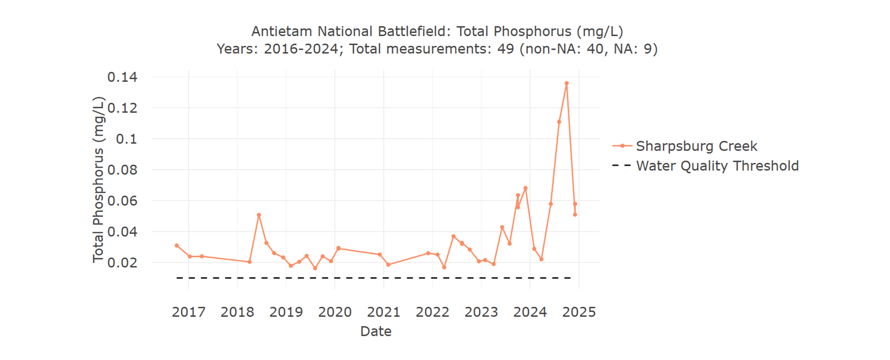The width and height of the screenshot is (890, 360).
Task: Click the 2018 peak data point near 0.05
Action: pyautogui.click(x=259, y=215)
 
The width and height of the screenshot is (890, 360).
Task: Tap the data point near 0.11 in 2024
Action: pyautogui.click(x=559, y=122)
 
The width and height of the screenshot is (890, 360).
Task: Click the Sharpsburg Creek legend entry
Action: pyautogui.click(x=696, y=146)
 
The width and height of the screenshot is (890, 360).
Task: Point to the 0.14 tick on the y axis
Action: pyautogui.click(x=122, y=77)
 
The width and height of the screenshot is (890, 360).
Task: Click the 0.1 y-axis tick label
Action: pyautogui.click(x=126, y=139)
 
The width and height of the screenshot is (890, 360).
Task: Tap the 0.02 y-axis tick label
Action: pyautogui.click(x=122, y=263)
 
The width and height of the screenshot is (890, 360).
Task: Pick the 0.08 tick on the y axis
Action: pyautogui.click(x=122, y=170)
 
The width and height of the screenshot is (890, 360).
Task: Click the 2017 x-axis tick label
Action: pyautogui.click(x=189, y=312)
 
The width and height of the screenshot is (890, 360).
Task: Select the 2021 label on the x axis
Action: pyautogui.click(x=384, y=312)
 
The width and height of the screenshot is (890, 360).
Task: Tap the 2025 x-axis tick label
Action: pyautogui.click(x=579, y=312)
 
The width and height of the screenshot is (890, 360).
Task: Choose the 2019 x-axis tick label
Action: pyautogui.click(x=286, y=312)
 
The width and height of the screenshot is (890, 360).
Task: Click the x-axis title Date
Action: pyautogui.click(x=376, y=331)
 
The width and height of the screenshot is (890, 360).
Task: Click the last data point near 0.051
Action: pyautogui.click(x=575, y=215)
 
